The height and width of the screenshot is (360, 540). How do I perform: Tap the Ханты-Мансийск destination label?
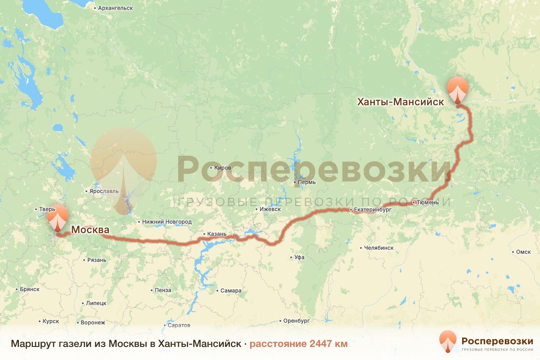point(400,102)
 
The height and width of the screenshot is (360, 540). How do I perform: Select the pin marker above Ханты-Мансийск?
point(458,90)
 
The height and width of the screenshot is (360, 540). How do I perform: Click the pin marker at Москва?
point(58,218)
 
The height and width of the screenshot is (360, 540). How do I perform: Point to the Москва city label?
point(90,230)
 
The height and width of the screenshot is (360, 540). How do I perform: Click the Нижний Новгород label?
point(166,222)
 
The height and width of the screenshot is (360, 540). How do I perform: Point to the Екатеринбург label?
point(373,210)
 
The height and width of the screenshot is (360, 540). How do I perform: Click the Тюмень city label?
point(428,203)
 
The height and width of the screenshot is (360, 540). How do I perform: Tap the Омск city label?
point(524,252)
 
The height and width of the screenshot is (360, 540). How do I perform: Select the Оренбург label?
point(297,321)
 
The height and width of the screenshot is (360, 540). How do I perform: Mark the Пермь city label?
point(307,183)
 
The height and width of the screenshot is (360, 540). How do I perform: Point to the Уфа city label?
point(299,257)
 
